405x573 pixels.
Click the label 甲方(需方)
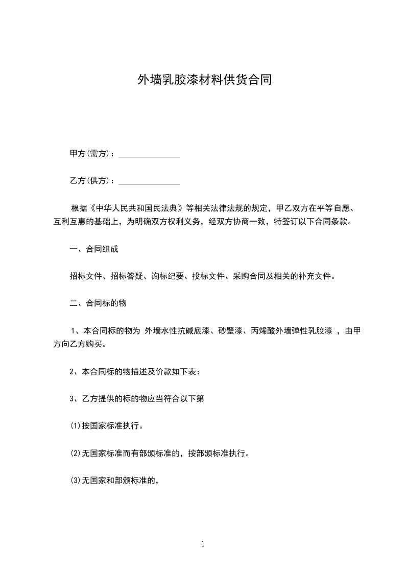[x=90, y=154]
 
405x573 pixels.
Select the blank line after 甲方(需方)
[x=149, y=155]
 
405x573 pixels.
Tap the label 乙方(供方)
[x=90, y=181]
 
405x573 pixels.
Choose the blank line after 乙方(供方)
[x=149, y=182]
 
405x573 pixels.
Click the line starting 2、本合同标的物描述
[x=135, y=371]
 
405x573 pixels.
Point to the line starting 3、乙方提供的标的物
[x=137, y=398]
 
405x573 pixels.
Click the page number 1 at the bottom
[x=203, y=544]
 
